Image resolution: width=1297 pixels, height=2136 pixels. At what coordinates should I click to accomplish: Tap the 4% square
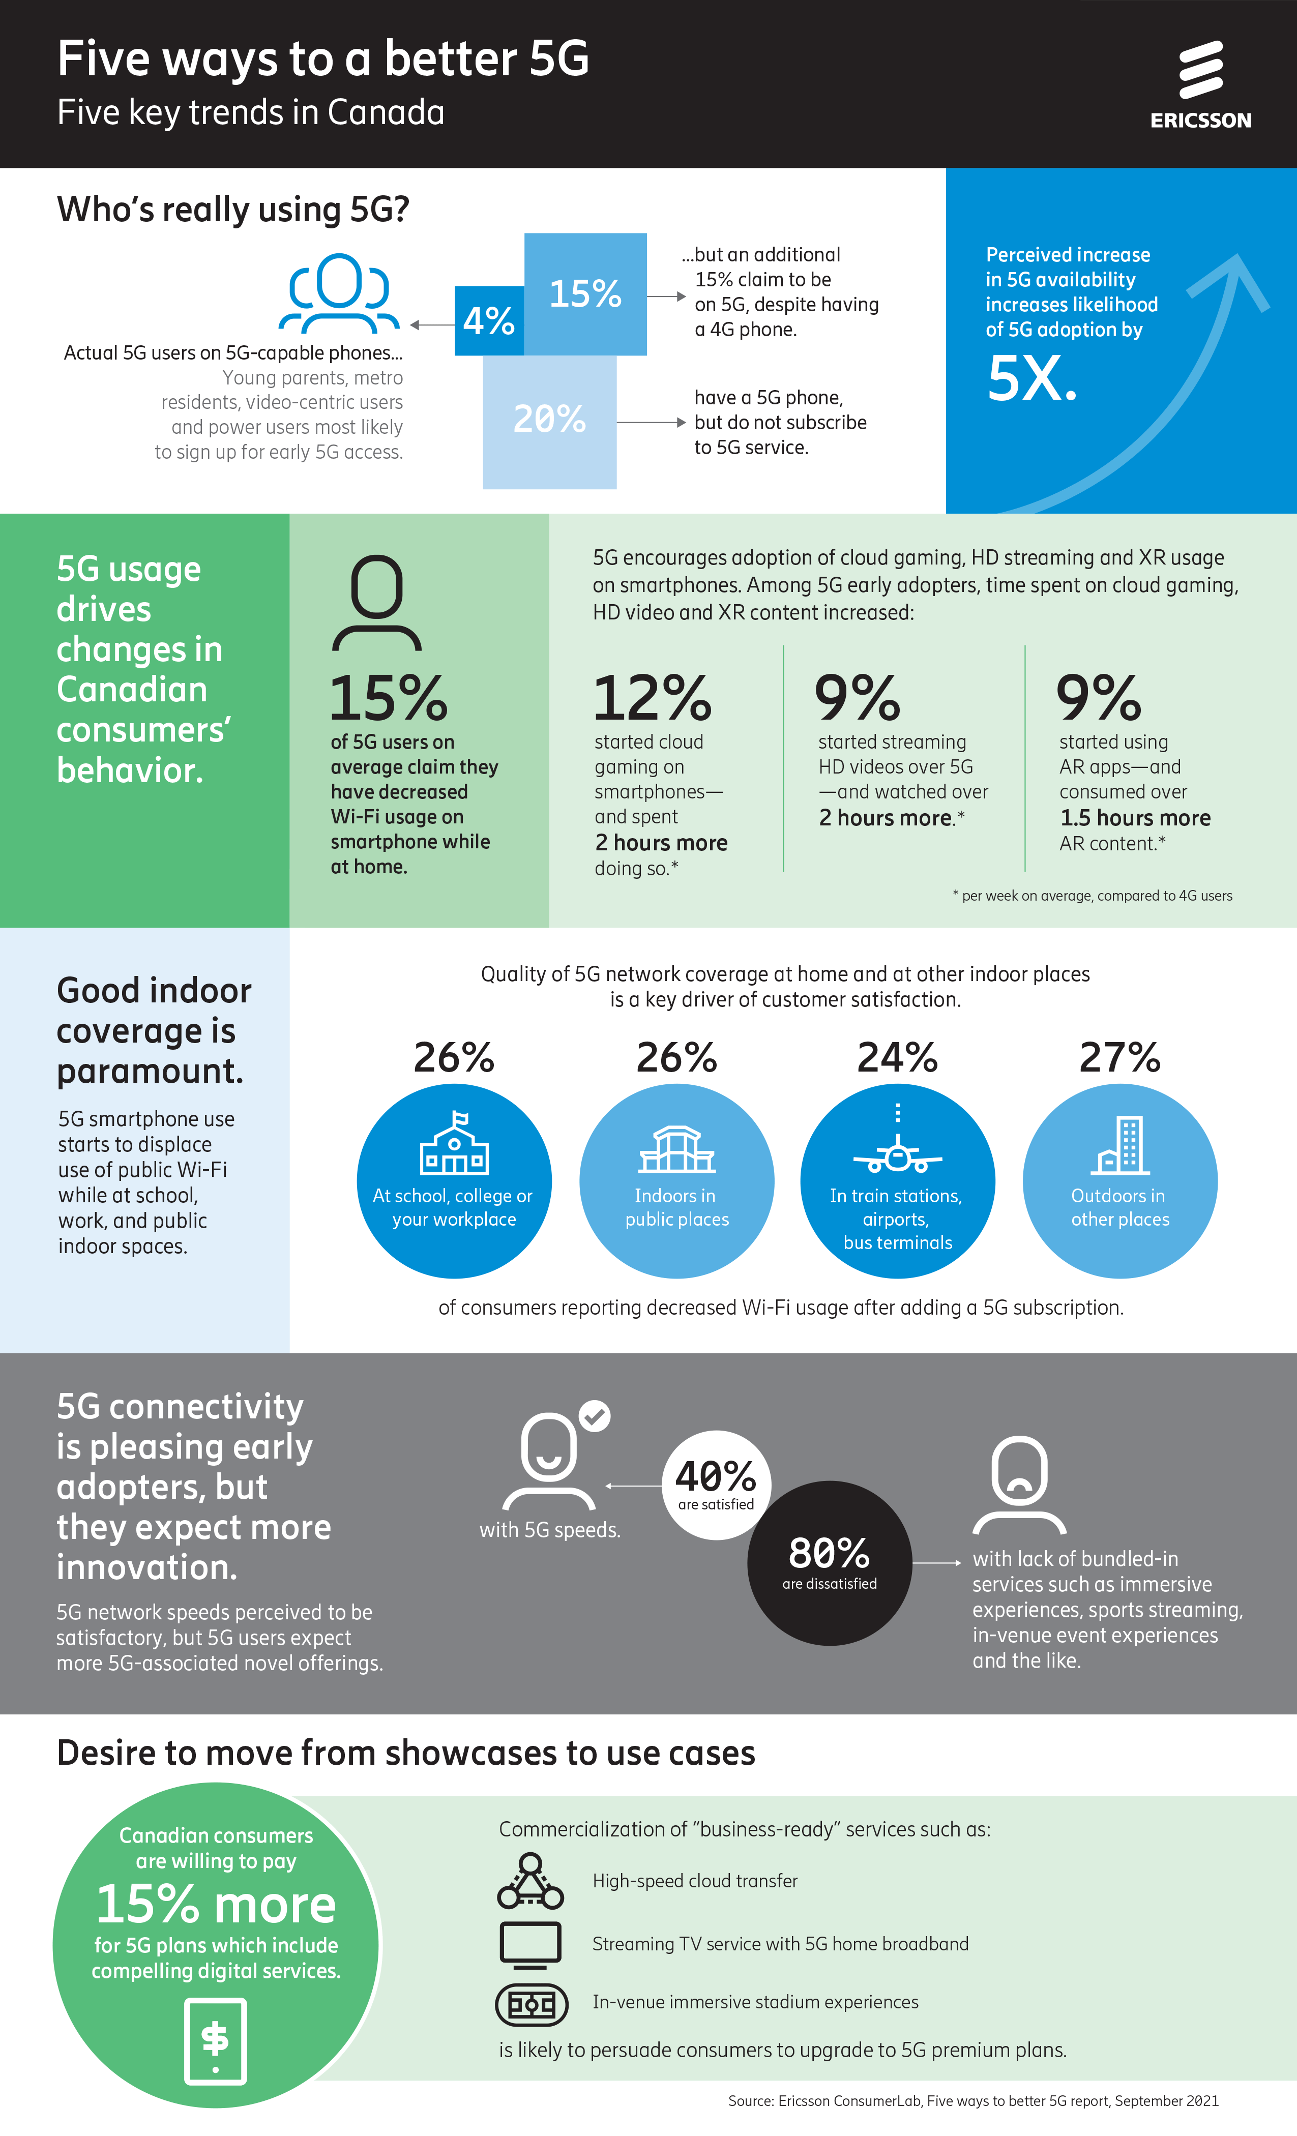[488, 321]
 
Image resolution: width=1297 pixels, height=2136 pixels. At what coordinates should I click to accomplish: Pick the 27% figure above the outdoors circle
[1119, 1058]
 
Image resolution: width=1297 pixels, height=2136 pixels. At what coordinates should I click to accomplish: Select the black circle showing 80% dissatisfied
[829, 1562]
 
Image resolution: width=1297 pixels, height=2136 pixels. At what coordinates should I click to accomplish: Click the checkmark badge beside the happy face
[594, 1416]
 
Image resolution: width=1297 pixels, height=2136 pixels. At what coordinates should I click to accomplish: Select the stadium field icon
[532, 2003]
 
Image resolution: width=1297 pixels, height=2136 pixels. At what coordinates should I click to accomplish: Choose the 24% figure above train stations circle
[897, 1058]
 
